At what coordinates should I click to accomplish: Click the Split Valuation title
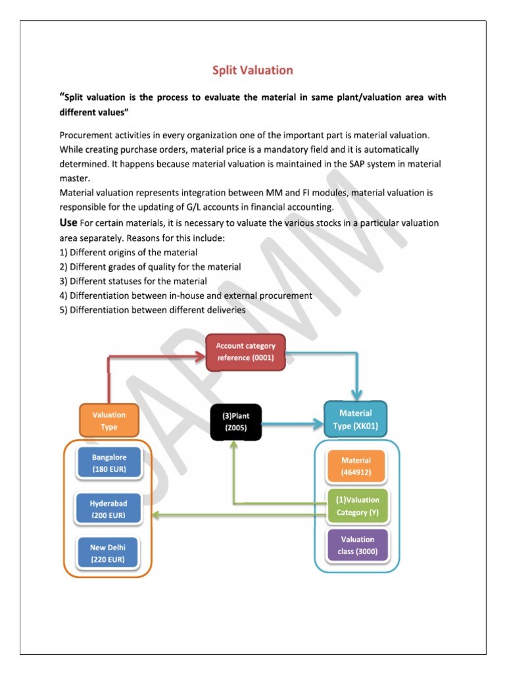pyautogui.click(x=252, y=70)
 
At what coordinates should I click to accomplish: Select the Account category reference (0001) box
pyautogui.click(x=246, y=352)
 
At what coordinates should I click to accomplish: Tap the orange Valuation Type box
pyautogui.click(x=109, y=421)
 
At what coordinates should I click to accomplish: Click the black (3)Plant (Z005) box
pyautogui.click(x=235, y=421)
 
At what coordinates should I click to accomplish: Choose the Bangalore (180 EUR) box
pyautogui.click(x=109, y=462)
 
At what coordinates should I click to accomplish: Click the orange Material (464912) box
pyautogui.click(x=356, y=466)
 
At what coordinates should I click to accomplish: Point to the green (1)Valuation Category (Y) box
pyautogui.click(x=358, y=506)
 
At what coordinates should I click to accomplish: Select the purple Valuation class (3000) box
pyautogui.click(x=358, y=545)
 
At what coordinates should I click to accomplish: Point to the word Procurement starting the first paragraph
pyautogui.click(x=85, y=135)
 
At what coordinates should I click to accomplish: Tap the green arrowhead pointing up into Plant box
pyautogui.click(x=233, y=446)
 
